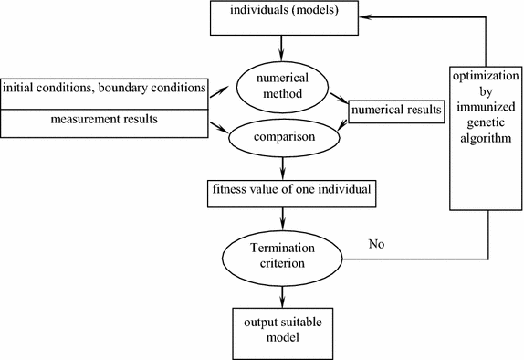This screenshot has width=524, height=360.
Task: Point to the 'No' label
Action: tap(376, 245)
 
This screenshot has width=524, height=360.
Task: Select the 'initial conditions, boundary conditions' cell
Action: tap(105, 88)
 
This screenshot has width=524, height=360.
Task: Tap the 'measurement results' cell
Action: tap(105, 120)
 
